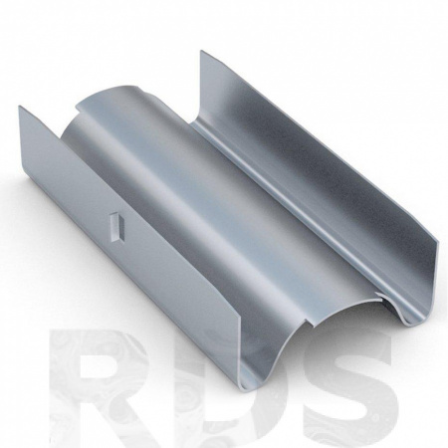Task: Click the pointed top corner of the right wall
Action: pyautogui.click(x=201, y=51)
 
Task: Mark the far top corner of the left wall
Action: pyautogui.click(x=20, y=107)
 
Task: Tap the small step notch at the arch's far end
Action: pyautogui.click(x=79, y=108)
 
